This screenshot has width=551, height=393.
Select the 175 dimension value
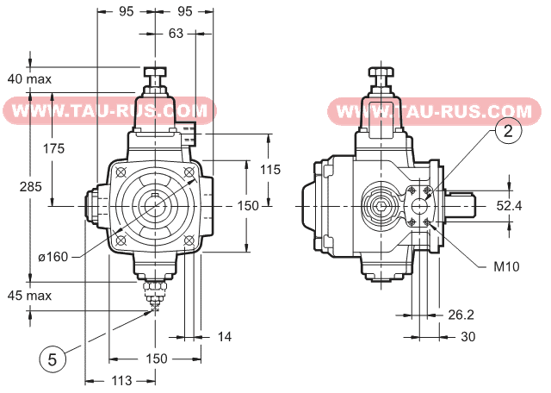[53, 148]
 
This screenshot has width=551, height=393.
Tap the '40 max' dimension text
[29, 78]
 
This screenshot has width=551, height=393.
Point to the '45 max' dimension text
[29, 295]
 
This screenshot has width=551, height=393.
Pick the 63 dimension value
[176, 34]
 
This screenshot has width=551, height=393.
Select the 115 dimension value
[270, 170]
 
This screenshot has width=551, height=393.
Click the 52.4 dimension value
[510, 205]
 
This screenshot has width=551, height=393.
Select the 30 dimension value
[468, 337]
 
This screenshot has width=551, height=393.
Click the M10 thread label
[506, 266]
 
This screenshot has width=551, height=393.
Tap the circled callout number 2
[508, 131]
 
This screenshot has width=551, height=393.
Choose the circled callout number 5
[52, 359]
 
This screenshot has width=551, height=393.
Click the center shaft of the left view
[155, 204]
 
